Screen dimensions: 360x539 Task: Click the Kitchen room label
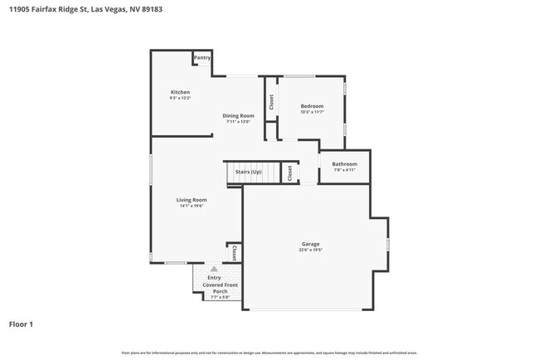pos(180,91)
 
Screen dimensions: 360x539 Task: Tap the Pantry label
pos(202,58)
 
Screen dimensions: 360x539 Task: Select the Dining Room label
pos(238,115)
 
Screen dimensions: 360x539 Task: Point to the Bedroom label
pos(312,105)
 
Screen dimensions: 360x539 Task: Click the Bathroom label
pos(344,164)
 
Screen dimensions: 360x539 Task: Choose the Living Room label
pos(191,199)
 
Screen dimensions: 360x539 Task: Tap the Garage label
pos(311,244)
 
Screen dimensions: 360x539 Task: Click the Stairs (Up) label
pos(248,172)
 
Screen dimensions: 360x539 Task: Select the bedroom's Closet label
pos(271,102)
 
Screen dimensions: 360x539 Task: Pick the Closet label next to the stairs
pos(289,173)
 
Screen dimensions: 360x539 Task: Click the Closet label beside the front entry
pos(234,252)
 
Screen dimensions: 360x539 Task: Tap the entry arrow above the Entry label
pos(213,269)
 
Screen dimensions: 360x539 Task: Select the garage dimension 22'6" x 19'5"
pos(311,251)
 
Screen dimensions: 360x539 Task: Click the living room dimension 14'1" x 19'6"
pos(191,206)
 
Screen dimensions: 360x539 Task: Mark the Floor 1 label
pos(22,324)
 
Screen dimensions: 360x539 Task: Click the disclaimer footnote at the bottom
pos(269,353)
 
